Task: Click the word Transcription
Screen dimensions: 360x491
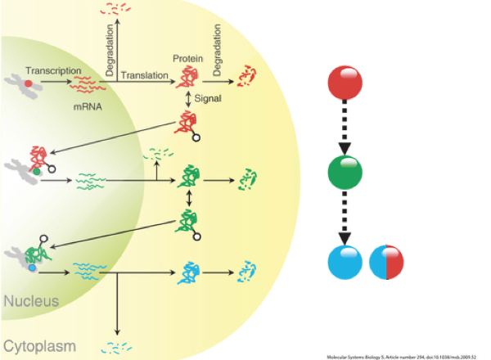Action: [51, 70]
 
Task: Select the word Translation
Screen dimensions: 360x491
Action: [144, 76]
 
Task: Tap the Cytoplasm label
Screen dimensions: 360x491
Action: [37, 343]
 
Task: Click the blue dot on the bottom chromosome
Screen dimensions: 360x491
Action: [31, 267]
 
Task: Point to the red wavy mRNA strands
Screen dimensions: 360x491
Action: [84, 83]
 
